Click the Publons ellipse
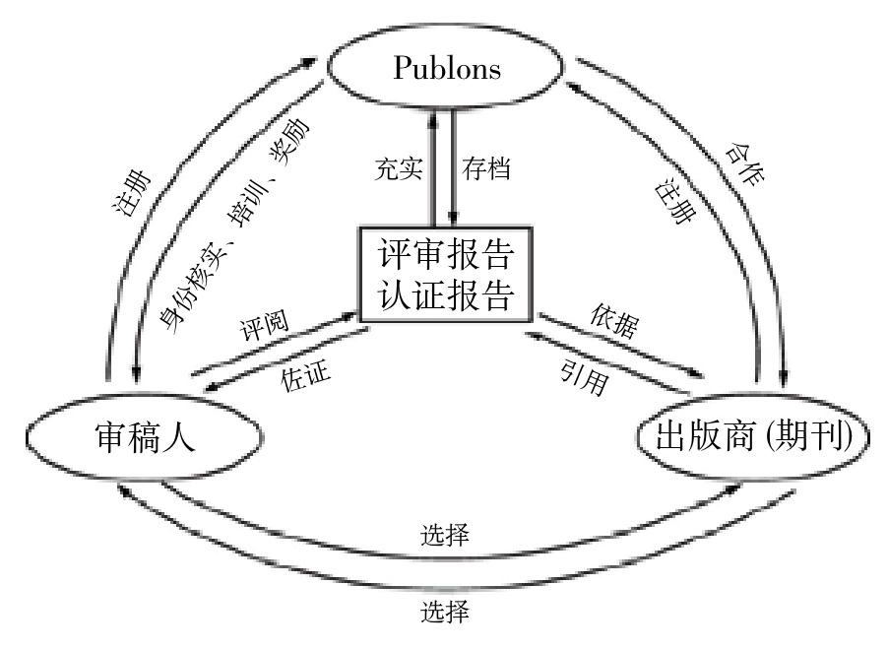click(447, 67)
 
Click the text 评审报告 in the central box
click(445, 254)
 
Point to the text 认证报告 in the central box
click(445, 295)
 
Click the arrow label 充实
click(399, 168)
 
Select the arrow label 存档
click(486, 168)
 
